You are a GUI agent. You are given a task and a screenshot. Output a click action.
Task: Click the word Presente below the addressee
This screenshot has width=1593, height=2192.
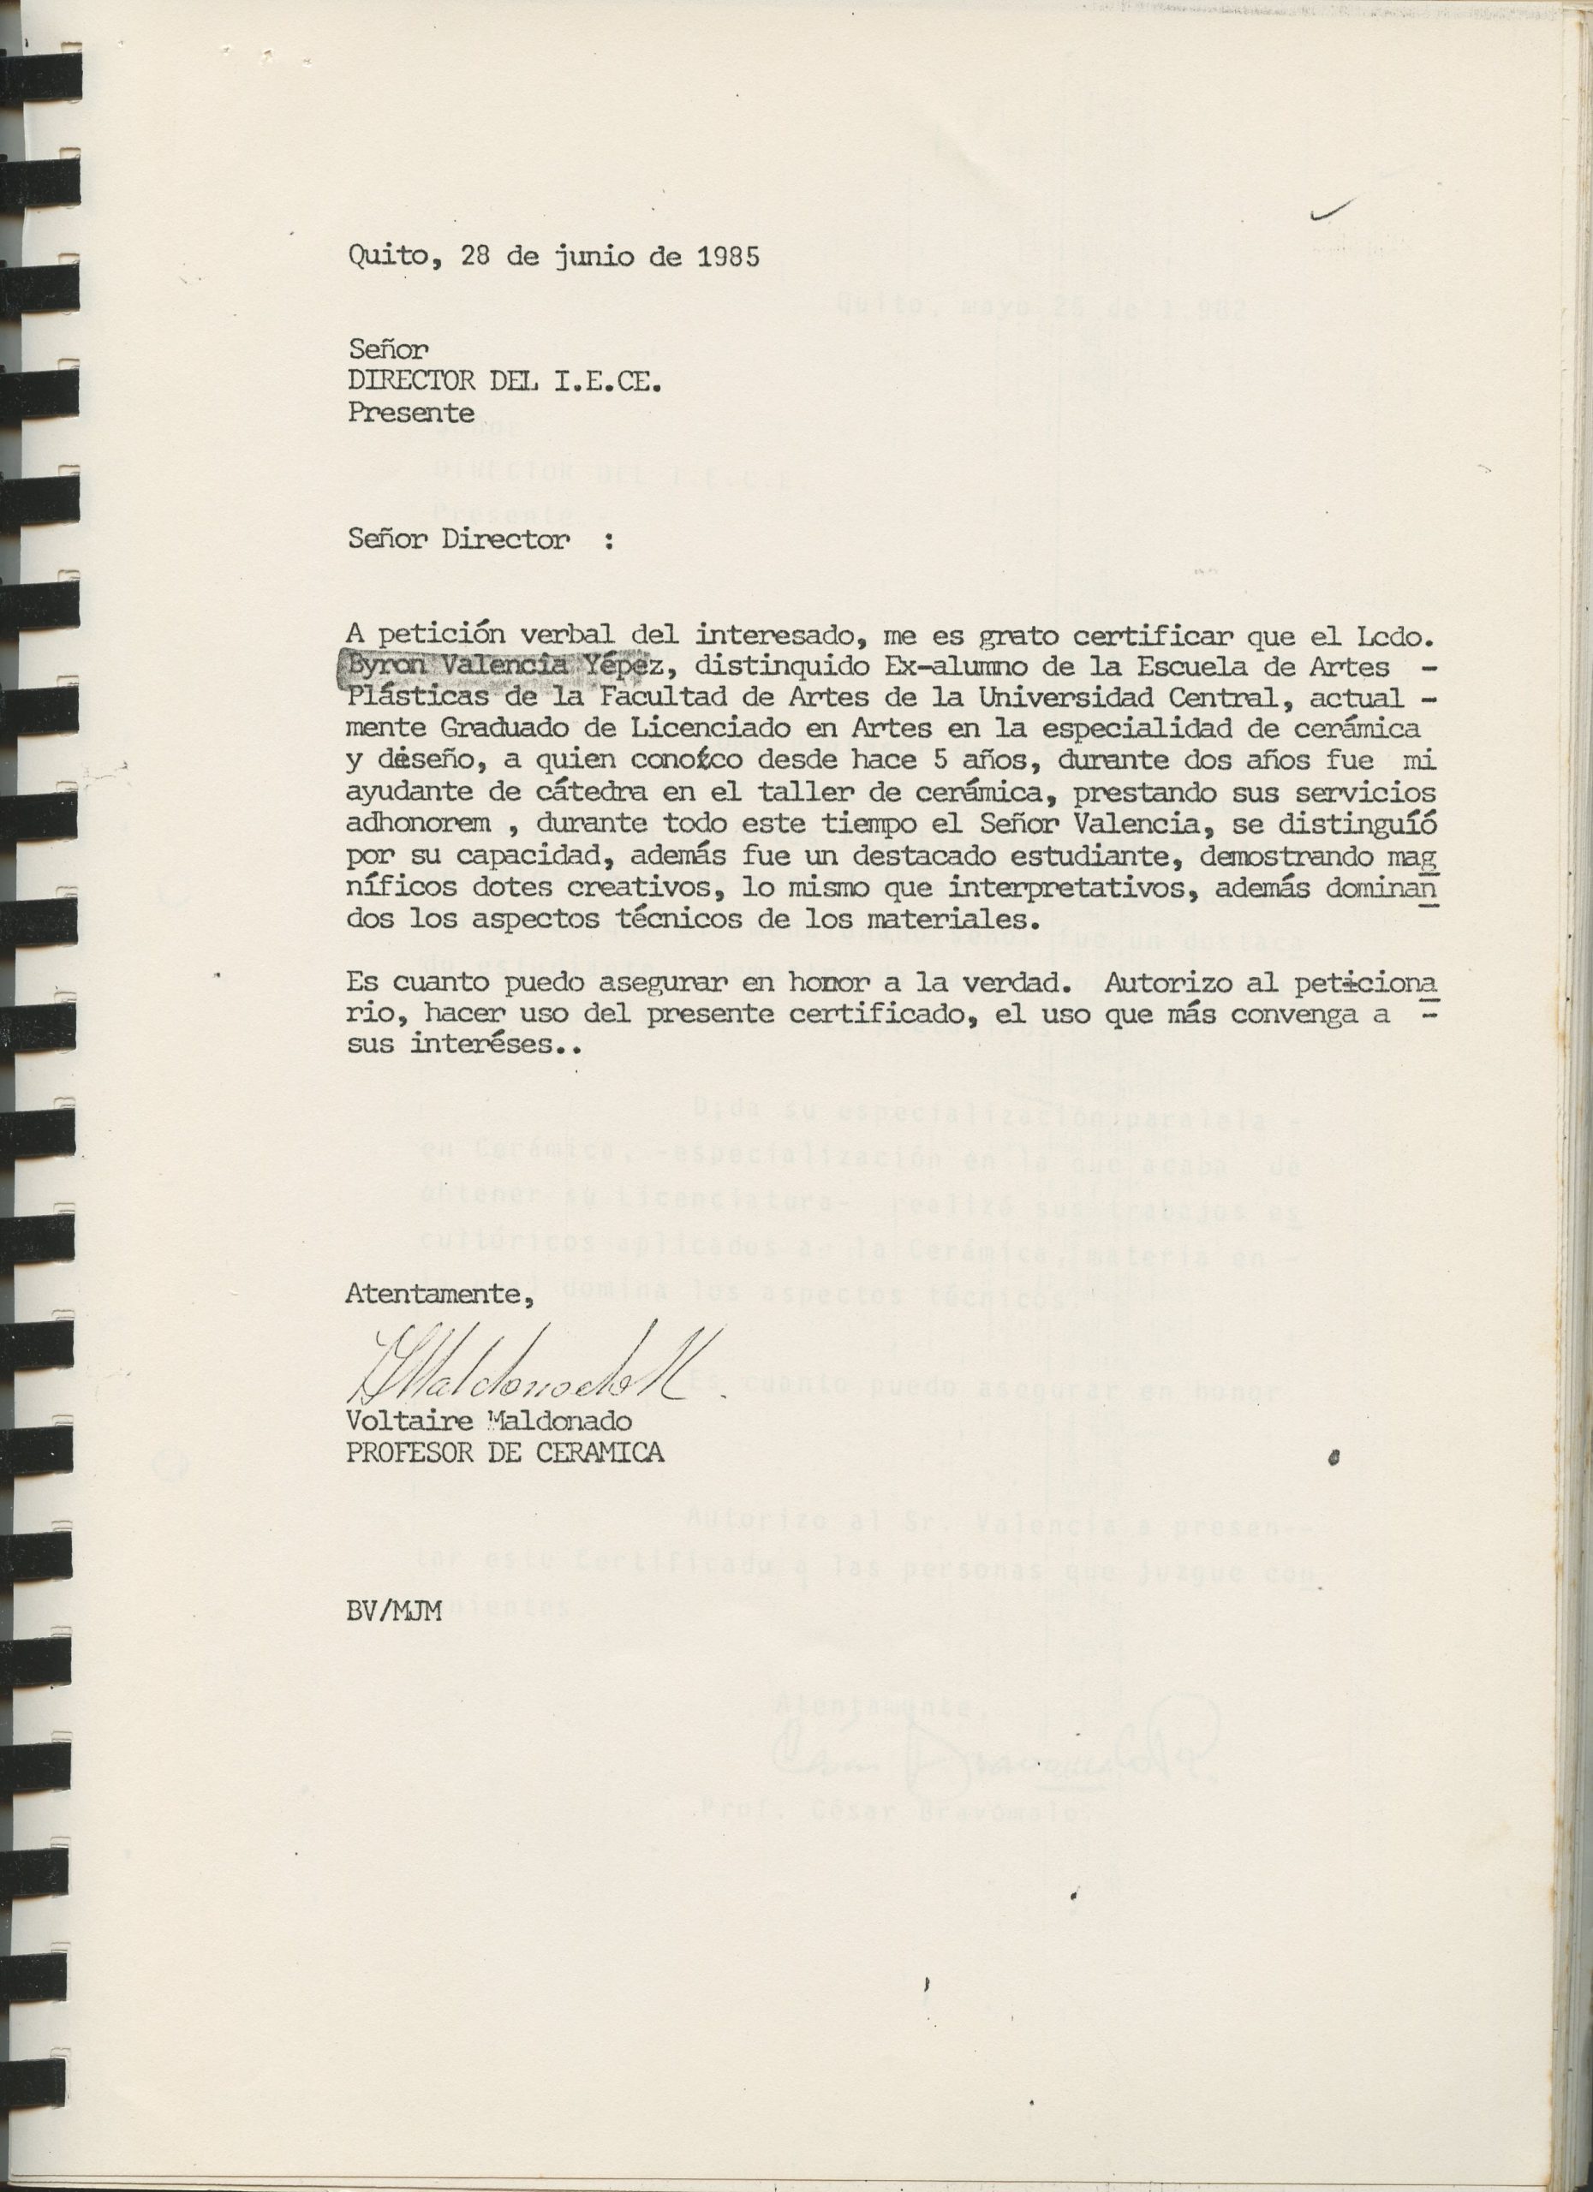pyautogui.click(x=411, y=413)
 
